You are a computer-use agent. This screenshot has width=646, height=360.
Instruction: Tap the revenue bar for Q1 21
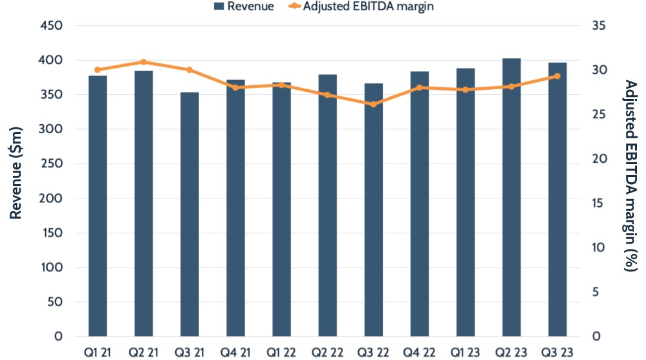pos(98,206)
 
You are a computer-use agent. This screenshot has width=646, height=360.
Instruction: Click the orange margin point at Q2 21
pos(144,62)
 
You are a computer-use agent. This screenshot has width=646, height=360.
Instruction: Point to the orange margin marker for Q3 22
pos(374,104)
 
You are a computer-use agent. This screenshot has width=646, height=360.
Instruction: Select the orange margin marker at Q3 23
pos(557,76)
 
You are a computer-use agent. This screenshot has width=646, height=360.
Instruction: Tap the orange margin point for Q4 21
pos(235,87)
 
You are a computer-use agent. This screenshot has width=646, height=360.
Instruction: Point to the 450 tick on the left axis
pos(51,26)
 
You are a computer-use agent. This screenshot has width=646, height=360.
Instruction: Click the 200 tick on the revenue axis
pos(51,129)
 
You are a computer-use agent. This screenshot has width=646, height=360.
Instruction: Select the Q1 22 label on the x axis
pos(281,352)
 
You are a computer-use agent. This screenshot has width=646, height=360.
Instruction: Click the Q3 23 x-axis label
pos(557,352)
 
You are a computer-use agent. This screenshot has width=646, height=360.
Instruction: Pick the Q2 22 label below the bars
pos(327,352)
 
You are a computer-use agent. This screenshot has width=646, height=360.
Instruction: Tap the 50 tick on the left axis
pos(54,302)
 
